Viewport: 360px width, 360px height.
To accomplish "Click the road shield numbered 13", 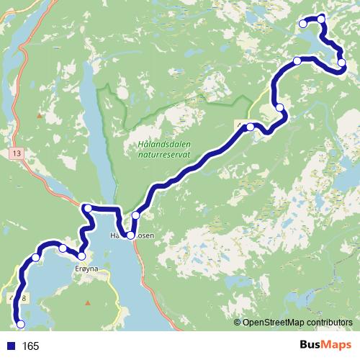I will pyautogui.click(x=16, y=153).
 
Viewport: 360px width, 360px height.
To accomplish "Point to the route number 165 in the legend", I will pyautogui.click(x=30, y=346).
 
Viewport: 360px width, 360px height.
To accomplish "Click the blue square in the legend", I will pyautogui.click(x=11, y=346).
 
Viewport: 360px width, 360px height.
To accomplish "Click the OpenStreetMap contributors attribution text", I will pyautogui.click(x=298, y=323).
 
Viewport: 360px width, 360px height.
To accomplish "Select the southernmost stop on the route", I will pyautogui.click(x=20, y=323).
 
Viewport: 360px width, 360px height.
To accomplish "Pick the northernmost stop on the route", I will pyautogui.click(x=321, y=18).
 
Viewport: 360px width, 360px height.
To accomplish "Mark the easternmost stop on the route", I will pyautogui.click(x=341, y=63).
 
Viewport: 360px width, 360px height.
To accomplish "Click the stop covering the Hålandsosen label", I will pyautogui.click(x=130, y=235).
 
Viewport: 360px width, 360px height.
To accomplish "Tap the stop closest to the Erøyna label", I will pyautogui.click(x=81, y=256).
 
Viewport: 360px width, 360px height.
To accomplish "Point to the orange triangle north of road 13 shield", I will pyautogui.click(x=40, y=115).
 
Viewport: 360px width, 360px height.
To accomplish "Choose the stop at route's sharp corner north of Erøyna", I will pyautogui.click(x=87, y=209).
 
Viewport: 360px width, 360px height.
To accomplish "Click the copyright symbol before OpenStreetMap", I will pyautogui.click(x=237, y=323).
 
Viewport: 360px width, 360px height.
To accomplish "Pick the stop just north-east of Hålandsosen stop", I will pyautogui.click(x=135, y=215).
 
